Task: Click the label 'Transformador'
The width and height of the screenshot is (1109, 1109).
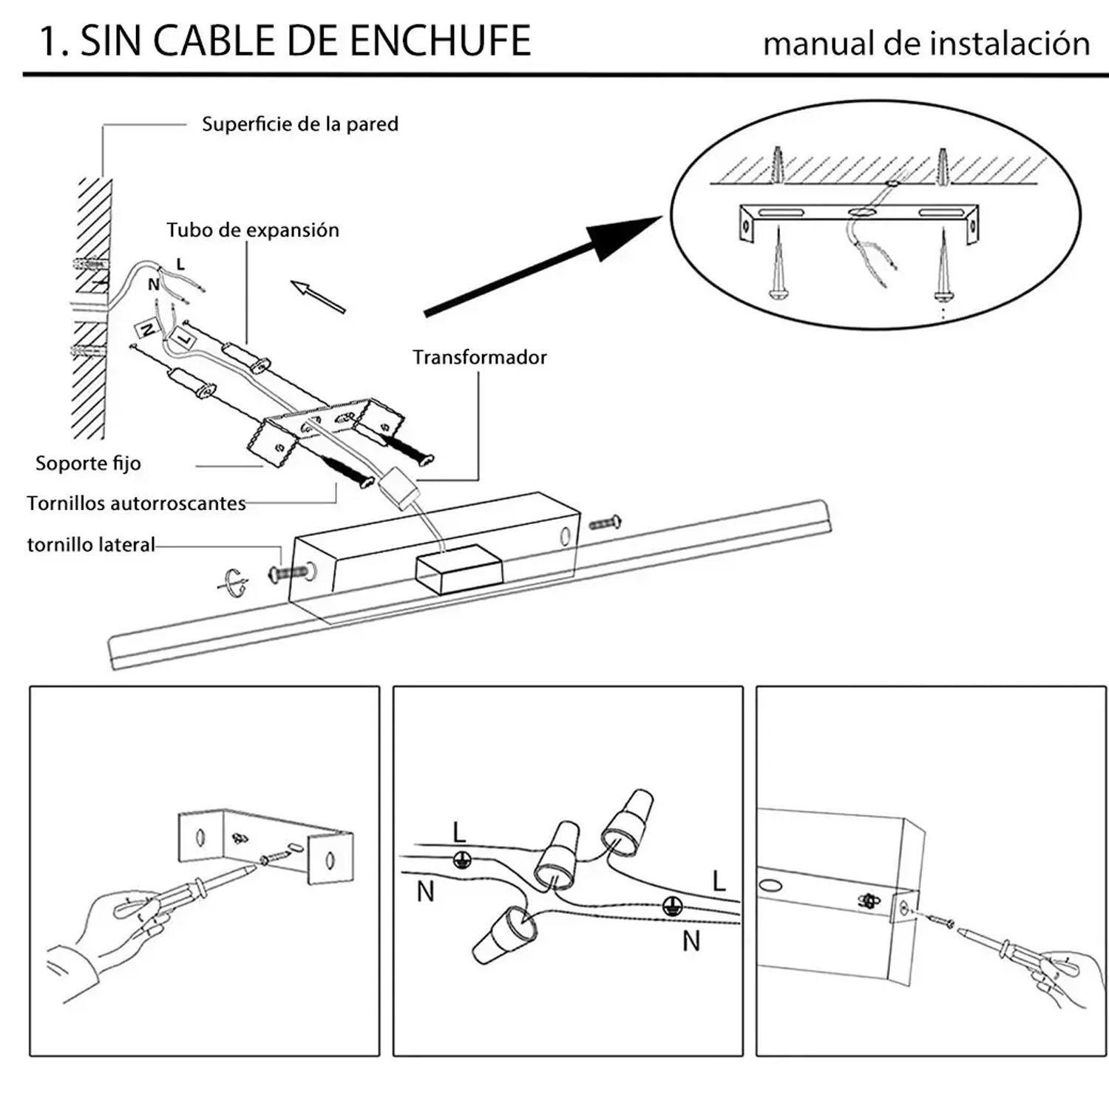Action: click(479, 358)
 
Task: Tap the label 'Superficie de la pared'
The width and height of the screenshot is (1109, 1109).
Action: click(299, 124)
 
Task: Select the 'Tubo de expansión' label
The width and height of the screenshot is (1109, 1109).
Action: click(252, 230)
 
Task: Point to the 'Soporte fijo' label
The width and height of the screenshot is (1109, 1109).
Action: click(88, 464)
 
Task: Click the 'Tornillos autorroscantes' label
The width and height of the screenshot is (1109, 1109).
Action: click(136, 503)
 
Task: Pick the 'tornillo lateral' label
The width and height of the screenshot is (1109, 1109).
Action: click(91, 545)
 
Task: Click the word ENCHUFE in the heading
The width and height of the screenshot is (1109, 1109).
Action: click(440, 41)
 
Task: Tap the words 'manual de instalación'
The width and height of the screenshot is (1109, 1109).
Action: click(926, 44)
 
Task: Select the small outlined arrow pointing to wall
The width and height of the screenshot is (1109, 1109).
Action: click(318, 296)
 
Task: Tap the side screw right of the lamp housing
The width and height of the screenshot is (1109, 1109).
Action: click(605, 523)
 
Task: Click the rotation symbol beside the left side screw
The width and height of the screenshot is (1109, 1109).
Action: click(234, 581)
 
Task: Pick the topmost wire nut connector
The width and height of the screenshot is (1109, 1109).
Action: click(628, 822)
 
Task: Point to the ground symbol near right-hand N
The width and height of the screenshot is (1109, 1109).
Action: click(671, 906)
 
